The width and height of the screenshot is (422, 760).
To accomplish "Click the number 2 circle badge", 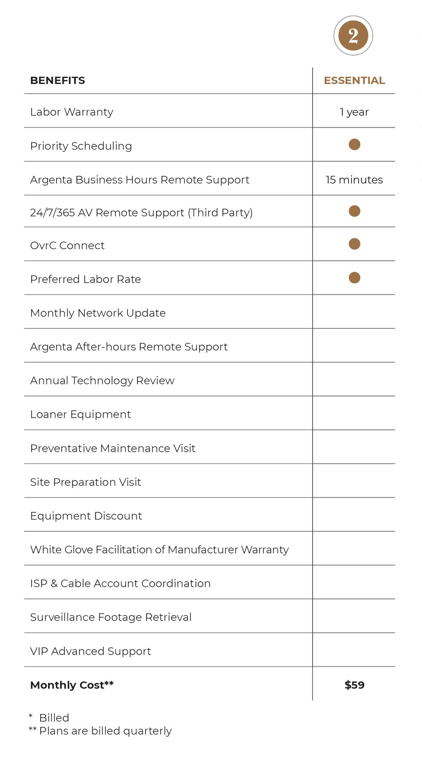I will (353, 36).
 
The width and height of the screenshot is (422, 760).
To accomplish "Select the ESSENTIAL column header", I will (354, 81).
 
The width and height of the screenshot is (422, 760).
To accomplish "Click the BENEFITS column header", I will (57, 81).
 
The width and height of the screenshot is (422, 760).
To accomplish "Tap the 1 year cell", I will (354, 112).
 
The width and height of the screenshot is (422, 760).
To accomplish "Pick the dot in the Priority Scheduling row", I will (354, 144).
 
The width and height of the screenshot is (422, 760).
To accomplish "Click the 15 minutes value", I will (354, 180).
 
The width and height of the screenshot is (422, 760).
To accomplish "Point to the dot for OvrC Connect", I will (354, 244).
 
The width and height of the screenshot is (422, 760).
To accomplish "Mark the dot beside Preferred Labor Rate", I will (354, 278).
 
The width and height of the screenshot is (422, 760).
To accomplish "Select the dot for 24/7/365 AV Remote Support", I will (354, 211).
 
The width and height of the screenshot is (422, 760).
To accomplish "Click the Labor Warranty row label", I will (71, 112).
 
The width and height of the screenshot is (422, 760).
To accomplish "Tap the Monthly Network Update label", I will (98, 313).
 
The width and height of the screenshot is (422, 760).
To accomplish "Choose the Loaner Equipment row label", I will (80, 414).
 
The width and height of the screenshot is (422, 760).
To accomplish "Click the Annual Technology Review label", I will (102, 380).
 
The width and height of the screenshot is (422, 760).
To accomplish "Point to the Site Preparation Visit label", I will (86, 482).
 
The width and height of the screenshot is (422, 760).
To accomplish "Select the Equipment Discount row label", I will (86, 516).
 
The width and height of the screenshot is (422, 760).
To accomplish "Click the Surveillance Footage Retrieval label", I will (111, 617).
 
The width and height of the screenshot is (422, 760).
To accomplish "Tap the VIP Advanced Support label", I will (90, 651).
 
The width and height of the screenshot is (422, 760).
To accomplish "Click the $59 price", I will (354, 685).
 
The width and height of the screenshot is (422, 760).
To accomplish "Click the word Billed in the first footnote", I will (54, 718).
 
